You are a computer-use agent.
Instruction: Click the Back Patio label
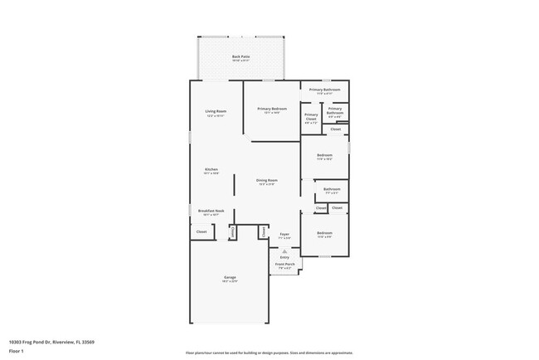(x=240, y=56)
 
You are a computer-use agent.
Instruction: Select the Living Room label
(x=216, y=110)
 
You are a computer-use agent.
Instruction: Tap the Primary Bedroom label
(x=272, y=109)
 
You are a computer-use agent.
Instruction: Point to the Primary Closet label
(x=311, y=116)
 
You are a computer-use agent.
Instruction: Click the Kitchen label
(x=211, y=169)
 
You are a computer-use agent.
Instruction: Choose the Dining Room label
(x=266, y=180)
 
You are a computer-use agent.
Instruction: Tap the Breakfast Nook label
(x=211, y=211)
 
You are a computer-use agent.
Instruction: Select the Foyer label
(x=284, y=234)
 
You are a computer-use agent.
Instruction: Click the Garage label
(x=230, y=277)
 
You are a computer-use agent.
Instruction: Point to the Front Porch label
(x=284, y=266)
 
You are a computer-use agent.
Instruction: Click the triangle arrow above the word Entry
(x=284, y=251)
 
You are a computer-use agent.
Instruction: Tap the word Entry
(x=284, y=257)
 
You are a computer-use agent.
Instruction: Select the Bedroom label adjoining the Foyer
(x=324, y=233)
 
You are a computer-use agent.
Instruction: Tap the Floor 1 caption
(x=17, y=351)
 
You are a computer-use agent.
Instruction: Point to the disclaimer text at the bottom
(x=269, y=353)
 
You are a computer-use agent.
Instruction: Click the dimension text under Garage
(x=230, y=281)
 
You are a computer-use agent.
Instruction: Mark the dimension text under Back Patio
(x=240, y=61)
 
